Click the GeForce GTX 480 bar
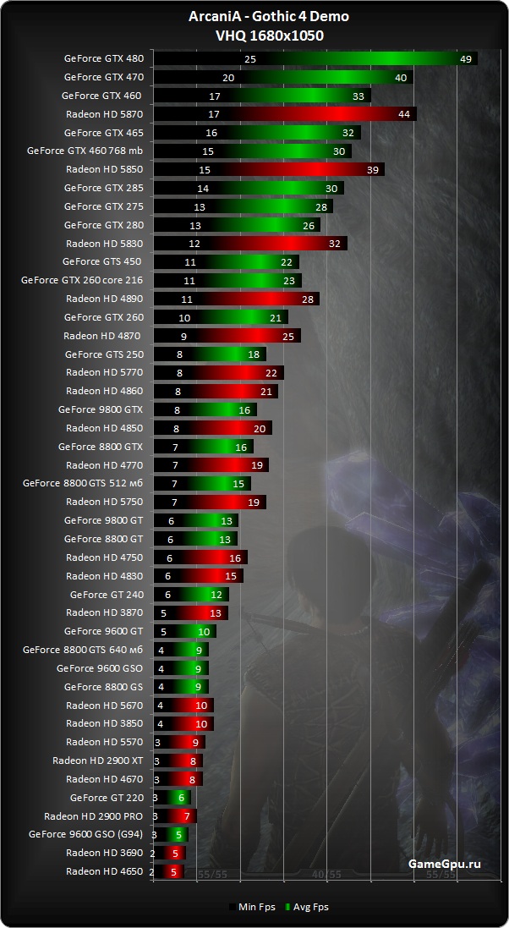point(315,59)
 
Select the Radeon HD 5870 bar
point(284,114)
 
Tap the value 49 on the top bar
point(466,59)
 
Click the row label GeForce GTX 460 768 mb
point(85,151)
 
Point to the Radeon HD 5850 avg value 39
point(373,170)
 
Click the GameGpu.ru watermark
point(444,864)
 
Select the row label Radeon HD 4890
point(104,299)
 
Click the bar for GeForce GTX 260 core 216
point(227,281)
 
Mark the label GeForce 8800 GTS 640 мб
point(83,650)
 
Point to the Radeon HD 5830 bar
point(249,244)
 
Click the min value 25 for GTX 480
point(250,59)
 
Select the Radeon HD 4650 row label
point(104,871)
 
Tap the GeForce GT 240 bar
point(190,595)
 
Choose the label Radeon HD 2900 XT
point(97,761)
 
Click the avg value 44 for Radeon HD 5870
point(403,114)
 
